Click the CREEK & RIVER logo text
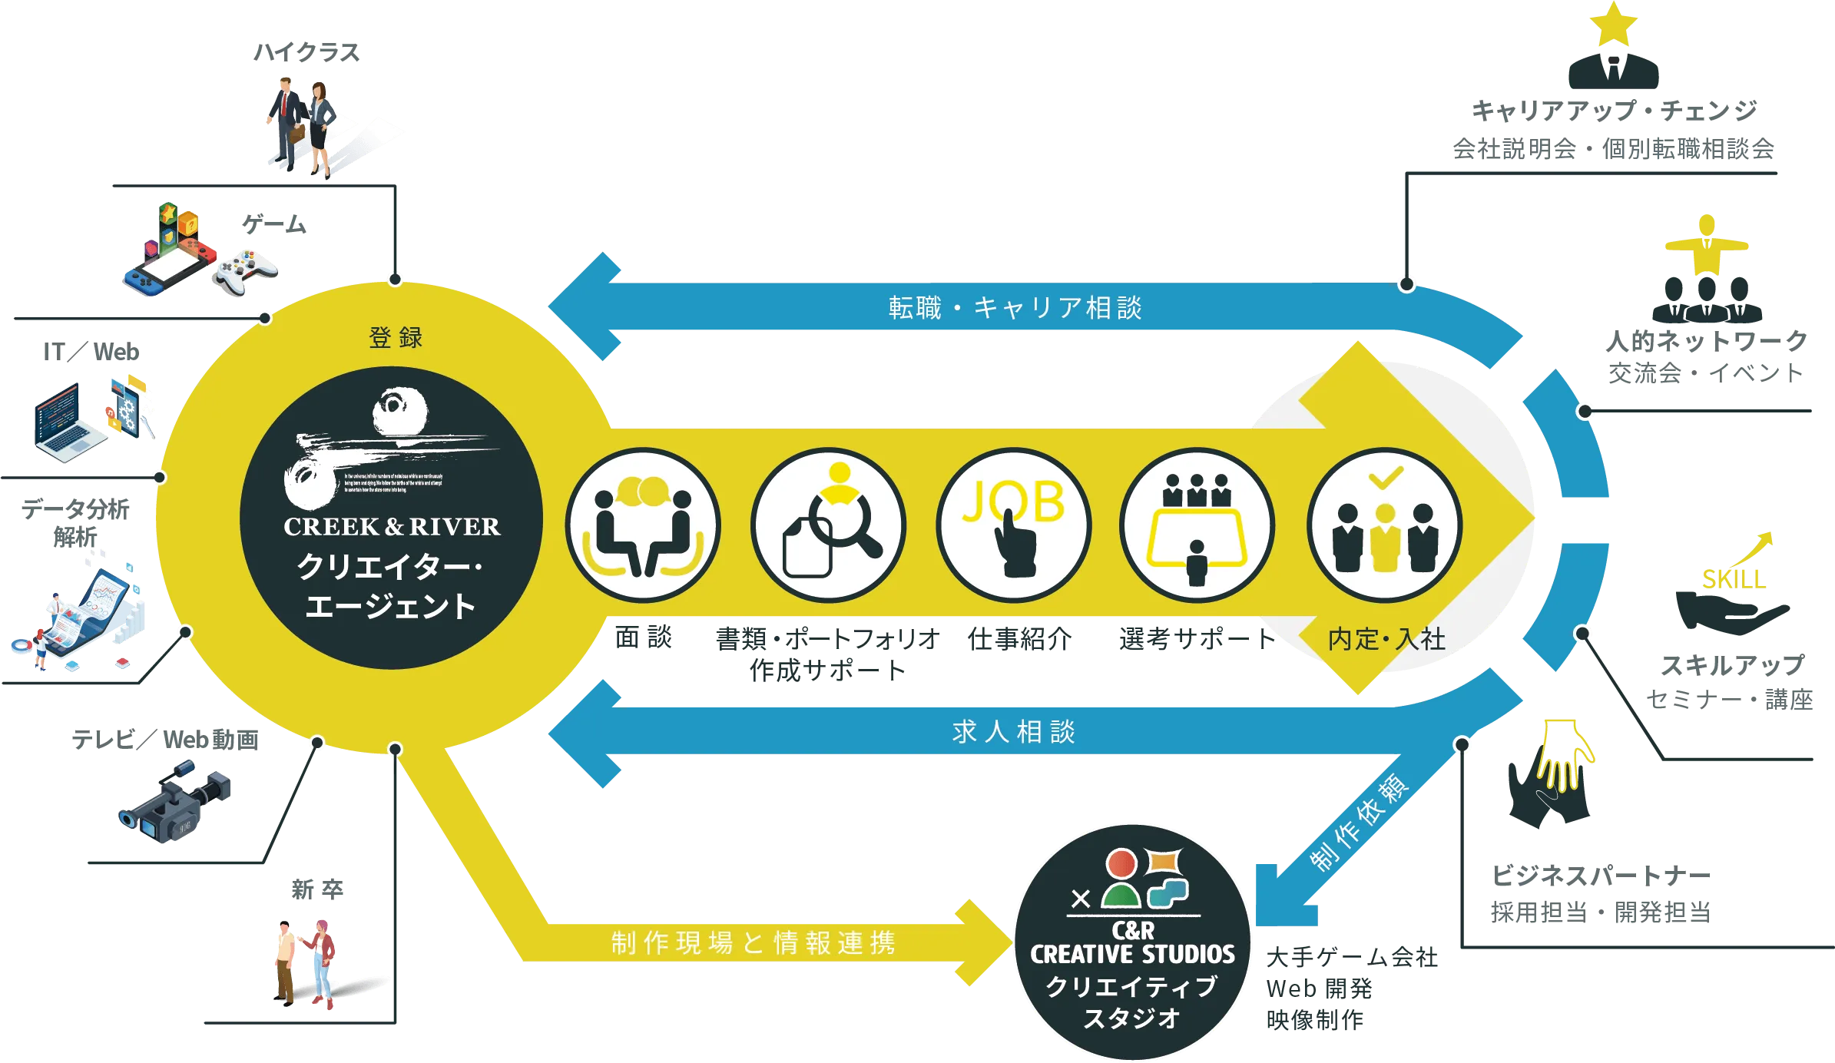[x=392, y=527]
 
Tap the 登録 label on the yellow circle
[x=396, y=338]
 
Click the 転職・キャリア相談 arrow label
[x=1015, y=308]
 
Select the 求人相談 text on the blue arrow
[x=1013, y=732]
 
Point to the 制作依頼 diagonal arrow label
[x=1360, y=823]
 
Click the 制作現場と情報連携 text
[x=754, y=942]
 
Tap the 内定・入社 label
[x=1386, y=639]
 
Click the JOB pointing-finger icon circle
[x=1013, y=526]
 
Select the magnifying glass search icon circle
[x=829, y=526]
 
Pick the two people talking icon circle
[x=643, y=526]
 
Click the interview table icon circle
[x=1197, y=526]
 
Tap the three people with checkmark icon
[x=1384, y=526]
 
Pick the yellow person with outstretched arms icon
[x=1707, y=244]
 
